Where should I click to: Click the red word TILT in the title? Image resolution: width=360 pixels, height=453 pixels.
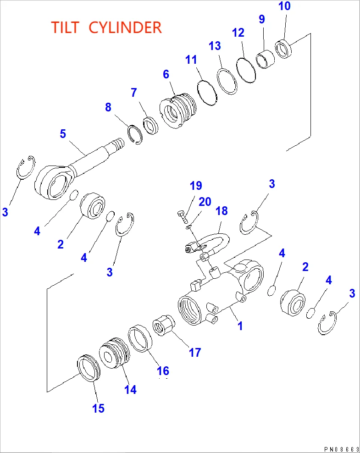(x=66, y=28)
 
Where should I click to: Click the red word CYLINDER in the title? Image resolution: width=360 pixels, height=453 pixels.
(x=125, y=28)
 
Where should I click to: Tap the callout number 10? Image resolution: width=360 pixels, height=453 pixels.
(x=284, y=6)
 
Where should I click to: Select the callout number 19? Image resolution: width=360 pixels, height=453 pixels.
(x=196, y=186)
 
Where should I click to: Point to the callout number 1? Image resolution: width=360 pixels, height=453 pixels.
(x=239, y=326)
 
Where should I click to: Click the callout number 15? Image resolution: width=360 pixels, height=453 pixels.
(x=99, y=408)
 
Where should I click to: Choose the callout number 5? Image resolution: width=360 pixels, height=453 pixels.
(x=63, y=134)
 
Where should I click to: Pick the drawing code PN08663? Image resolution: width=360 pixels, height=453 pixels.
(x=339, y=448)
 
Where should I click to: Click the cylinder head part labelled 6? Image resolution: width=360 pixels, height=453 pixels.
(x=177, y=112)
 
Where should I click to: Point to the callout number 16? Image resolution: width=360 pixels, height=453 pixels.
(x=163, y=370)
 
